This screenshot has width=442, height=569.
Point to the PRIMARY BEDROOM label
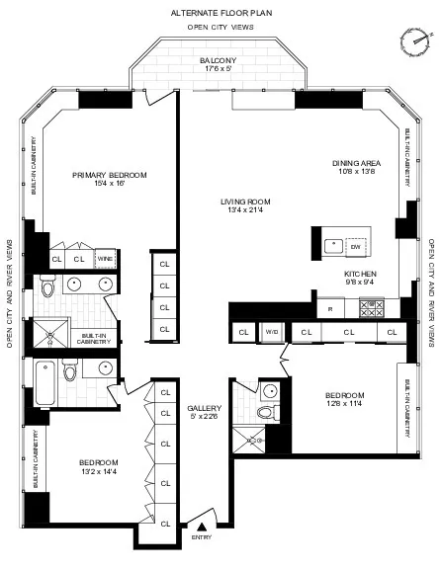click(x=110, y=175)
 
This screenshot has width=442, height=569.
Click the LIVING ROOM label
click(x=245, y=202)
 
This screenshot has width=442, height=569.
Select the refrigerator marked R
click(x=330, y=308)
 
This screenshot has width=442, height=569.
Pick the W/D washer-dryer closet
click(x=271, y=332)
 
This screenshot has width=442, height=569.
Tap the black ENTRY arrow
click(x=202, y=528)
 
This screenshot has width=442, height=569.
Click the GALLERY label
click(x=205, y=407)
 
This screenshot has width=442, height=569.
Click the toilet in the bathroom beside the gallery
click(x=263, y=413)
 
